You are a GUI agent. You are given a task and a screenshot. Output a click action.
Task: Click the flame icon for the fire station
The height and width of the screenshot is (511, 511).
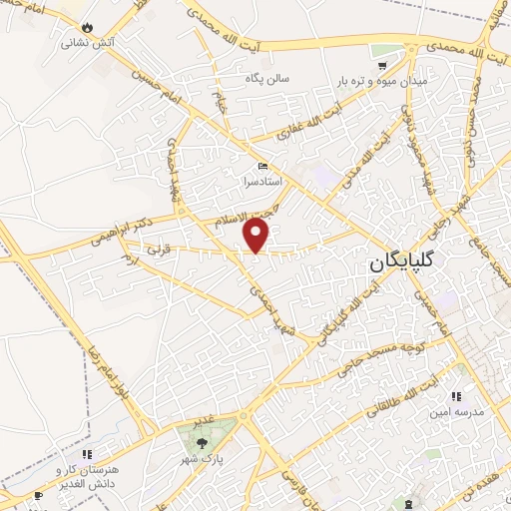point(88,27)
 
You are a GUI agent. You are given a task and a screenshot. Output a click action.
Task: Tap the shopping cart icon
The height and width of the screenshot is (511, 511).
point(382,64)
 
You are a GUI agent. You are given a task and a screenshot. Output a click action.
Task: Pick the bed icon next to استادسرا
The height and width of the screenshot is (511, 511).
point(262,167)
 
